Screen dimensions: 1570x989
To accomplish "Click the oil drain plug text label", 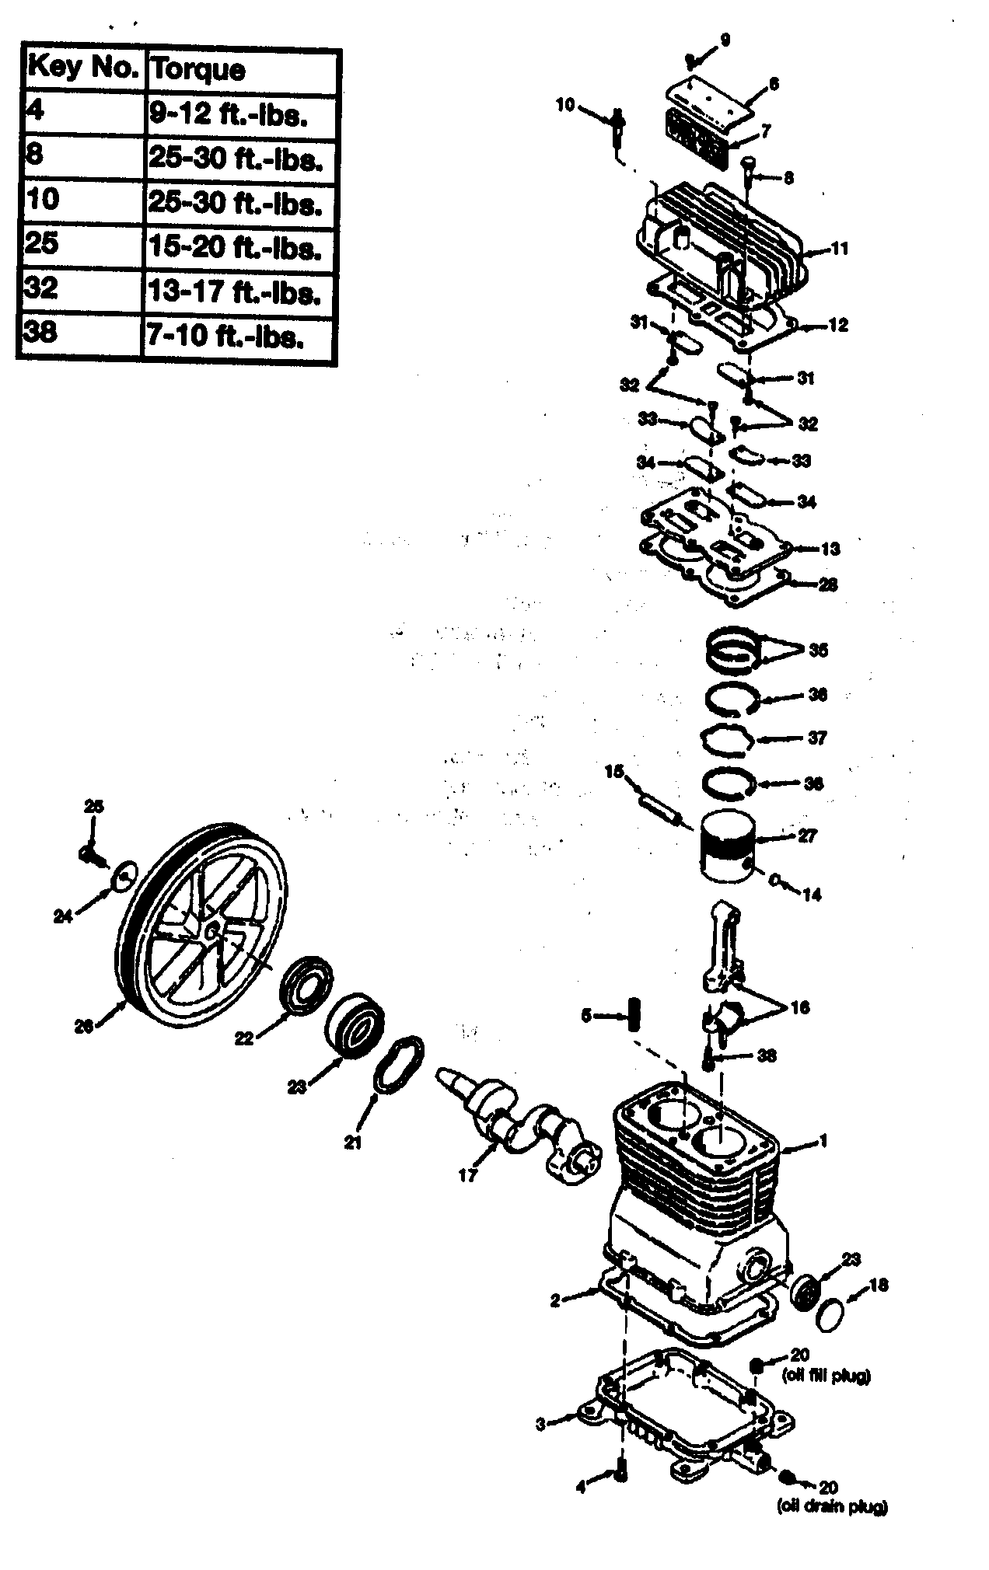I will [x=831, y=1507].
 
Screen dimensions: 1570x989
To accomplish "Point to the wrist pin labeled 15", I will [x=659, y=806].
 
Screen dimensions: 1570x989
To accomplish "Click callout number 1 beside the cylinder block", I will [x=823, y=1142].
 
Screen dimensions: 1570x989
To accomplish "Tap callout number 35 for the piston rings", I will [x=817, y=650].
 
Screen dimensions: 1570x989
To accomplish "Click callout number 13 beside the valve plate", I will [x=830, y=549].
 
